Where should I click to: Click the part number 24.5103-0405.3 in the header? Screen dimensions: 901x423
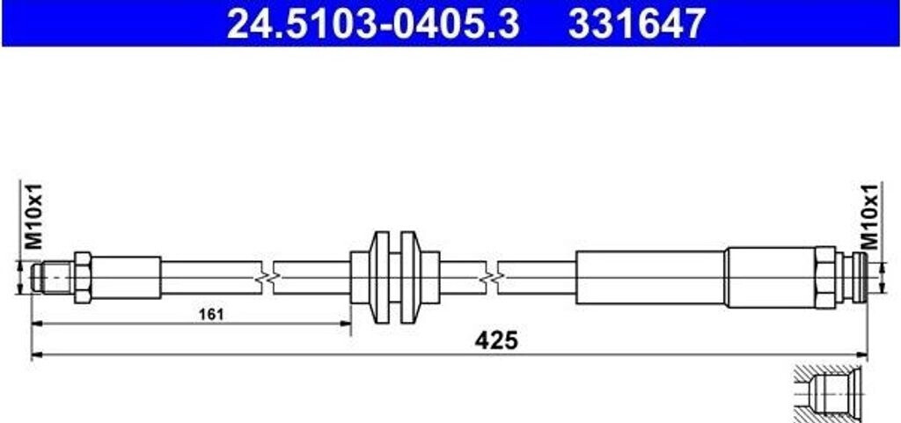pos(373,24)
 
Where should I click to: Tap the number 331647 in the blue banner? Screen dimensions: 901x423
pos(637,24)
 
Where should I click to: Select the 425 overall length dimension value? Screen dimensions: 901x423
pos(496,340)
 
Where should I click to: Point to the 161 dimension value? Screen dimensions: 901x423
pos(211,314)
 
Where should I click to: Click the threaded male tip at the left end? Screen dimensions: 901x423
pos(52,278)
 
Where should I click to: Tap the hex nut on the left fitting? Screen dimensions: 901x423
pos(82,278)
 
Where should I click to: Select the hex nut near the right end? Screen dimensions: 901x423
pos(824,278)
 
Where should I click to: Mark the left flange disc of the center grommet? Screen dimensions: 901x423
pos(380,278)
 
